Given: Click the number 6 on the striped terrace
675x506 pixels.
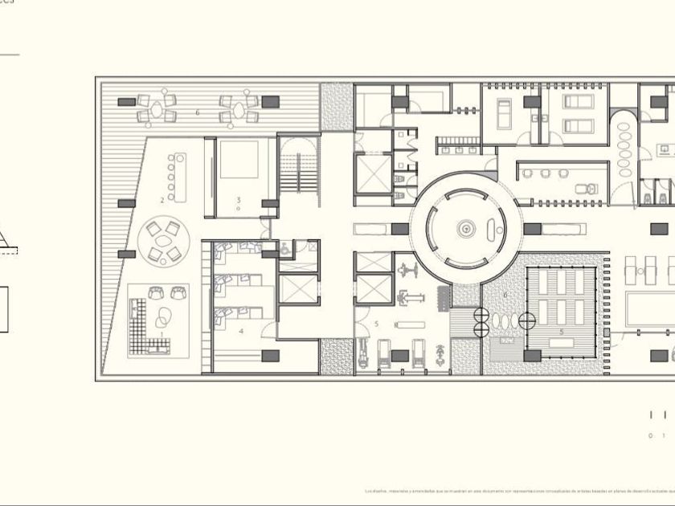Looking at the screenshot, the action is (x=197, y=112).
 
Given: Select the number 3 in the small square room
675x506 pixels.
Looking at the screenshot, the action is (x=239, y=199).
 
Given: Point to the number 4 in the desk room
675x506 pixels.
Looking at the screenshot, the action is (x=240, y=330).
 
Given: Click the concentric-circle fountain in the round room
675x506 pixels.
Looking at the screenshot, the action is (x=465, y=229).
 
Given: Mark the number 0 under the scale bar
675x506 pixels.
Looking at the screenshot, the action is (x=651, y=436).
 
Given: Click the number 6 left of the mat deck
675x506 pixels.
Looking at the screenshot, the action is (x=505, y=295).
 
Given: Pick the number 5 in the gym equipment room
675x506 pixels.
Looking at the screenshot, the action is (x=375, y=323).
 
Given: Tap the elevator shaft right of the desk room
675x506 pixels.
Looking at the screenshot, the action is (x=299, y=288).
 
